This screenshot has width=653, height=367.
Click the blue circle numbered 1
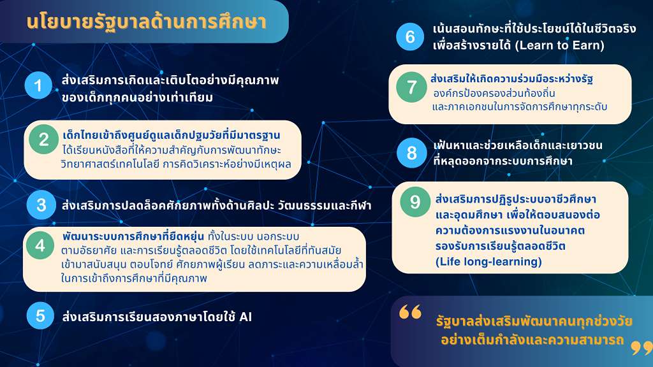click(38, 86)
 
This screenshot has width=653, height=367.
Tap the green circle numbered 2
click(44, 140)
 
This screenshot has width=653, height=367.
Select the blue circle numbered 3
click(41, 205)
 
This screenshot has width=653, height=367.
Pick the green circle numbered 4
click(40, 245)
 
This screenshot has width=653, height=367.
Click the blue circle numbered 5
click(40, 315)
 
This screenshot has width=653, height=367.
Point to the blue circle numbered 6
click(410, 36)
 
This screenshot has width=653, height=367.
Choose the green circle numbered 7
click(411, 87)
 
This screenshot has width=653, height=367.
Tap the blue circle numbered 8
click(411, 153)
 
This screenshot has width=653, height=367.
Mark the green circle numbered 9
click(415, 202)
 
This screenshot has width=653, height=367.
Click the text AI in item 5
click(246, 317)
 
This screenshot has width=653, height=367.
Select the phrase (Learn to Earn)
click(560, 45)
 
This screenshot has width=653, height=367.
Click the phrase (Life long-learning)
click(488, 262)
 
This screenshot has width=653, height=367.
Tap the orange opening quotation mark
click(410, 312)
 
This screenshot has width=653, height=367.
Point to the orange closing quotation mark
click(642, 348)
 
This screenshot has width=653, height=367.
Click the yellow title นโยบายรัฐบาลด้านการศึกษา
click(146, 22)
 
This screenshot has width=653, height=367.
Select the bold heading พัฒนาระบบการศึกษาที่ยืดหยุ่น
click(133, 236)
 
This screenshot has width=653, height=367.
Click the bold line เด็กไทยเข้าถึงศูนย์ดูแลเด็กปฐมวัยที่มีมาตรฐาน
click(171, 135)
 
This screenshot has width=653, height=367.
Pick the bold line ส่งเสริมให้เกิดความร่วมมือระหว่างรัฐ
click(512, 78)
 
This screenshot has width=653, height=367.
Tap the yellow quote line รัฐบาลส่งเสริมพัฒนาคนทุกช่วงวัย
click(534, 321)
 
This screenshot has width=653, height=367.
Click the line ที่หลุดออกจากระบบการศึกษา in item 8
click(503, 161)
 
